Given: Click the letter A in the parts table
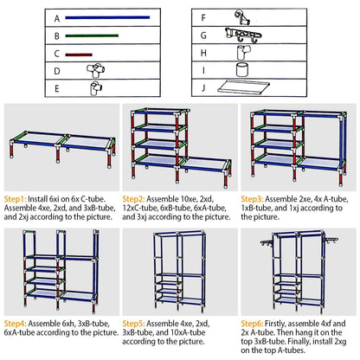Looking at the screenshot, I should (x=57, y=18).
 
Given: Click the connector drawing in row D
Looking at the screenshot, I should (x=93, y=70).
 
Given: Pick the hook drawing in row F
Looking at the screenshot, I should (x=244, y=16).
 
